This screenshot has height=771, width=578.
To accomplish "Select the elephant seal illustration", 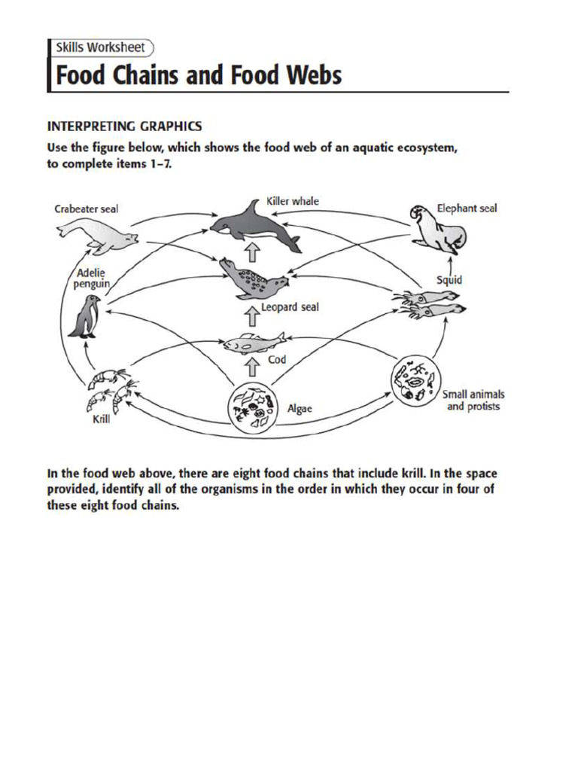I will pos(438,229).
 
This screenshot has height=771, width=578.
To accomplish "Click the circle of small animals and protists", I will pos(415,380).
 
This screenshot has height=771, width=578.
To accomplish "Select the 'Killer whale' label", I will pos(293,201).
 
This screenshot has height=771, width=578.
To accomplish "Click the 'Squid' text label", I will pos(449,279).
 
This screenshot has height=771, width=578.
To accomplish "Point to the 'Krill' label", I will pos(102,419).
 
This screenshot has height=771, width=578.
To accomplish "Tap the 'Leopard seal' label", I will pos(290,308).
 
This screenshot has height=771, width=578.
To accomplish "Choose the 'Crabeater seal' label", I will pos(87,209).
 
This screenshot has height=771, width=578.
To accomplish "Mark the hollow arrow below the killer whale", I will pos(254,251).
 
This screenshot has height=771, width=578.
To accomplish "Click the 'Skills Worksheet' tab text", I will pos(101,47).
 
